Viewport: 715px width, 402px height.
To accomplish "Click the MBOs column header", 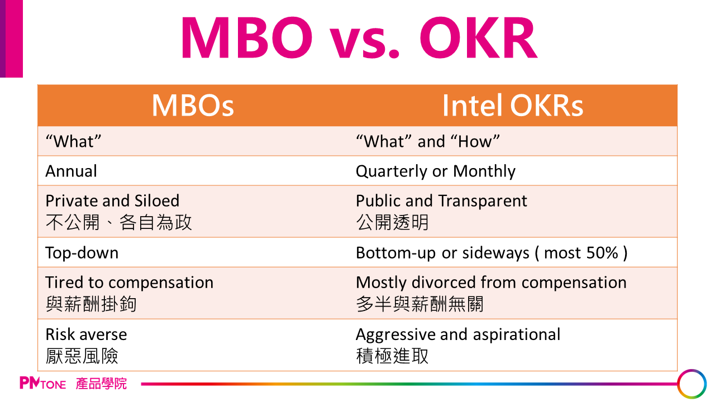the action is (x=193, y=106).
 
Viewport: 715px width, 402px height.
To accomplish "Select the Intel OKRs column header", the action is (x=513, y=106).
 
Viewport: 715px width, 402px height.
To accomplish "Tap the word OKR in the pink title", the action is (x=479, y=37).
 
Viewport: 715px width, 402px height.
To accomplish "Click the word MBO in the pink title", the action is (x=247, y=37).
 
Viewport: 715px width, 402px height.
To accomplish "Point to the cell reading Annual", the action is (x=71, y=171).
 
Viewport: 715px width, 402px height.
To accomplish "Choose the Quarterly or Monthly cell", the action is (x=435, y=171).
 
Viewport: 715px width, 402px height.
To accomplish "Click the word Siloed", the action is (x=157, y=200).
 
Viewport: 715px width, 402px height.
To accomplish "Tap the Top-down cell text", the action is (x=82, y=253).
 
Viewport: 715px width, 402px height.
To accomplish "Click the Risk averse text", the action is (x=86, y=334).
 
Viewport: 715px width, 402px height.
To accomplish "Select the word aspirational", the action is (x=517, y=335).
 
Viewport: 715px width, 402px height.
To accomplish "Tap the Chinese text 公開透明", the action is (x=392, y=222).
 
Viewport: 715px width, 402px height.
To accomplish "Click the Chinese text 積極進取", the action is (x=392, y=356).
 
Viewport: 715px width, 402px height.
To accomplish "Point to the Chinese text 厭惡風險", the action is (x=82, y=356).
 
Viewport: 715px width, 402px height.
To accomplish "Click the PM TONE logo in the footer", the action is (x=43, y=383).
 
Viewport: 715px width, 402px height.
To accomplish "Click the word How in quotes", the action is (x=475, y=141).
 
